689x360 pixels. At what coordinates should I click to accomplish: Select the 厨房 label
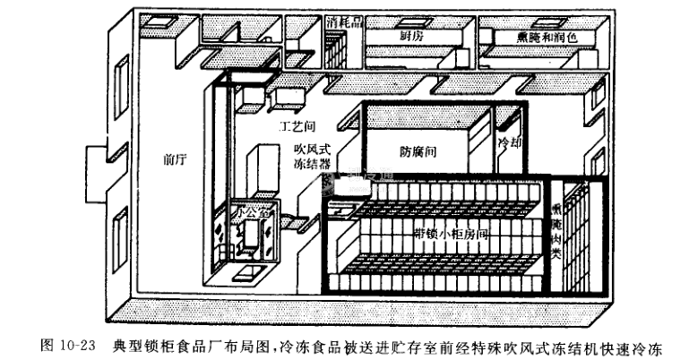pyautogui.click(x=411, y=36)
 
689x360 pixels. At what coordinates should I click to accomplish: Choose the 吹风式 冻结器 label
pyautogui.click(x=313, y=158)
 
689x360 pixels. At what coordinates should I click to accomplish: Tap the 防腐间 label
pyautogui.click(x=418, y=153)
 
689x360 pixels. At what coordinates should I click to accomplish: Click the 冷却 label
pyautogui.click(x=511, y=144)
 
